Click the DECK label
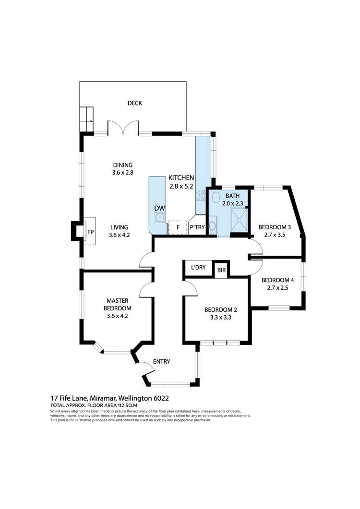point(134,103)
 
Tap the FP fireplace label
point(90,232)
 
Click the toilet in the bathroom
point(216,197)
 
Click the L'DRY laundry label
point(198,268)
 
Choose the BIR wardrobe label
point(221,271)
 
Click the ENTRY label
point(161,362)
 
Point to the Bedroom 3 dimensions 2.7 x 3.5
point(275,235)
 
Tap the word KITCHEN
point(181,178)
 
